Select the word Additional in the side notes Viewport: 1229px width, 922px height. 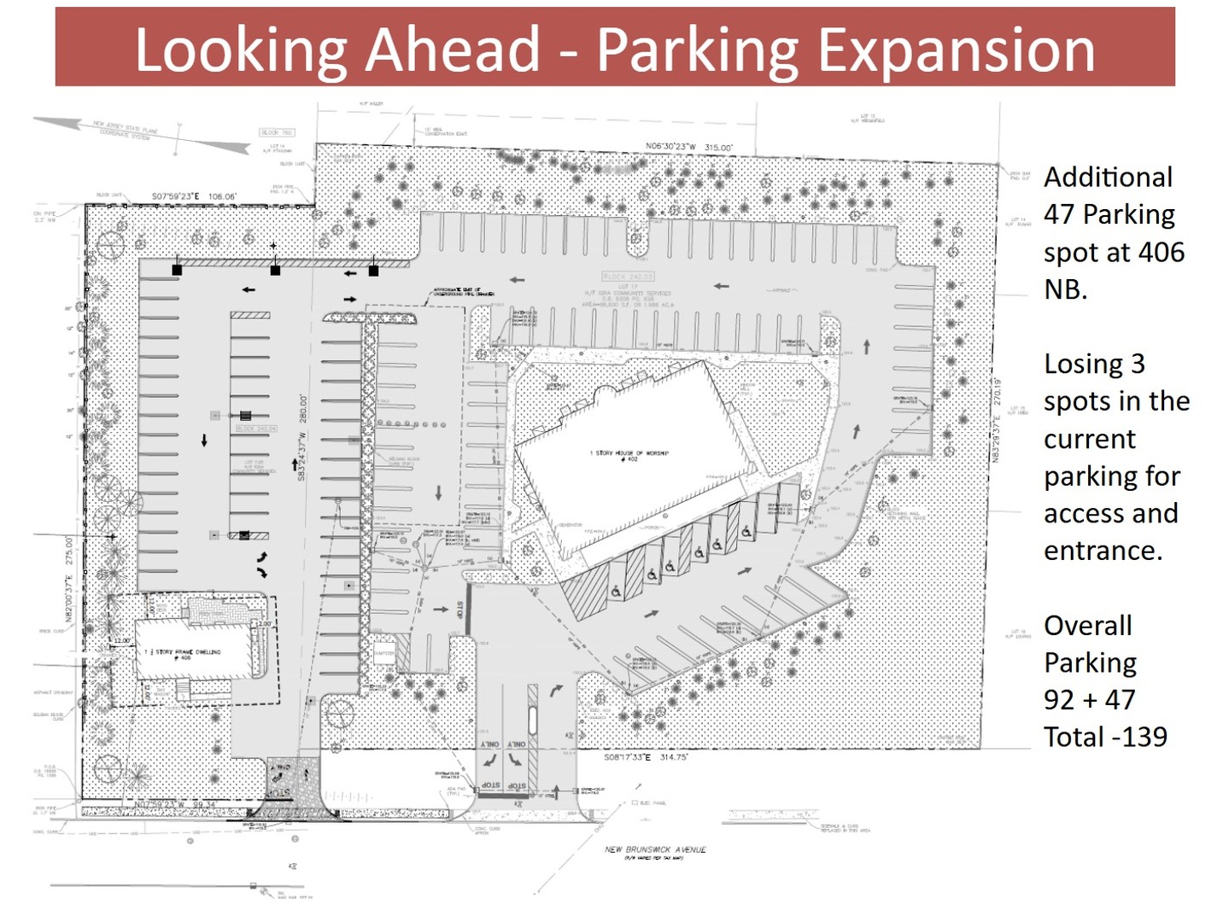pyautogui.click(x=1109, y=177)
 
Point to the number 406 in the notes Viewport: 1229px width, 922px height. pyautogui.click(x=1161, y=252)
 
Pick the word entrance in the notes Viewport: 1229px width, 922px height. pyautogui.click(x=1102, y=551)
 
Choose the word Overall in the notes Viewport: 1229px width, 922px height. pyautogui.click(x=1087, y=626)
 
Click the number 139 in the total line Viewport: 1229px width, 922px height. pyautogui.click(x=1141, y=737)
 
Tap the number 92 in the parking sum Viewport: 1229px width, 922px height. pyautogui.click(x=1059, y=700)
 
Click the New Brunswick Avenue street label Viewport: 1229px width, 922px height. pyautogui.click(x=655, y=849)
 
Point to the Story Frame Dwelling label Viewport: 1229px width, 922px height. pyautogui.click(x=186, y=652)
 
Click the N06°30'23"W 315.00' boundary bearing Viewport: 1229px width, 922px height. pyautogui.click(x=688, y=147)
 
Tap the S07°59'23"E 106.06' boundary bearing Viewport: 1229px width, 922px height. pyautogui.click(x=194, y=196)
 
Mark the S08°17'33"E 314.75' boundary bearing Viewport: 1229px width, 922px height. pyautogui.click(x=646, y=757)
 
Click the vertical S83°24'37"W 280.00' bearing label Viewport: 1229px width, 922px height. pyautogui.click(x=302, y=437)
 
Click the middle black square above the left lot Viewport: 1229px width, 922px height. pyautogui.click(x=275, y=270)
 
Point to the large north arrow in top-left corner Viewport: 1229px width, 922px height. pyautogui.click(x=141, y=134)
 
